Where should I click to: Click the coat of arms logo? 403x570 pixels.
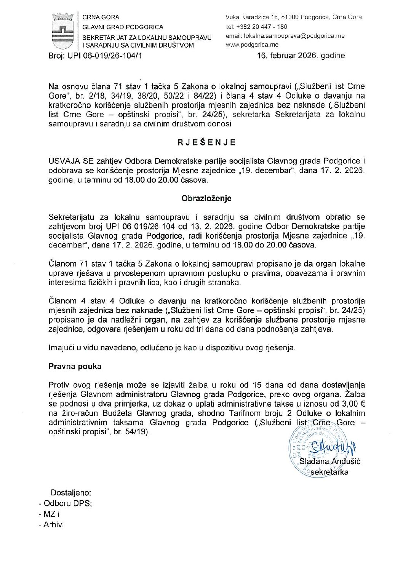(x=62, y=31)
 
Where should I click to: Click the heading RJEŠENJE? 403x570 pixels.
(x=206, y=142)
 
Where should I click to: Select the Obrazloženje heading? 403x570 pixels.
(x=206, y=198)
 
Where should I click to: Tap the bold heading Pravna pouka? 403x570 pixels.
(x=75, y=366)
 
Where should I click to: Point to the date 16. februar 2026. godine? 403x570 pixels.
(x=301, y=56)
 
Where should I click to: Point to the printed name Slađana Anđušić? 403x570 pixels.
(x=330, y=461)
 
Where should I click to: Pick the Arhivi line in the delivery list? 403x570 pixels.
(x=53, y=524)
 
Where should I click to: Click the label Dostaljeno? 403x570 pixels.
(x=71, y=492)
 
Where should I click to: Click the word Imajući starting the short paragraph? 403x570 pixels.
(x=62, y=347)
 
